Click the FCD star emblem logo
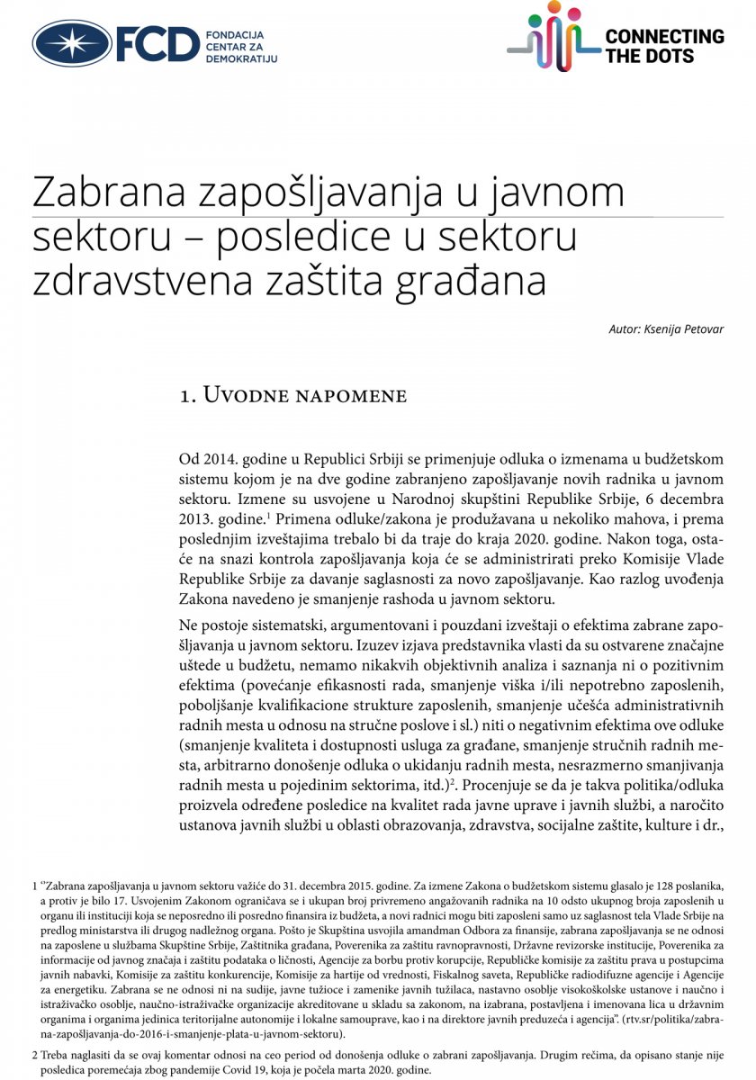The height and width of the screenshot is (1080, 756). [72, 44]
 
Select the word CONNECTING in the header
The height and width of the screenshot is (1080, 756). [664, 36]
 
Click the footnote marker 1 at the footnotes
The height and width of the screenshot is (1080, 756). [34, 885]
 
